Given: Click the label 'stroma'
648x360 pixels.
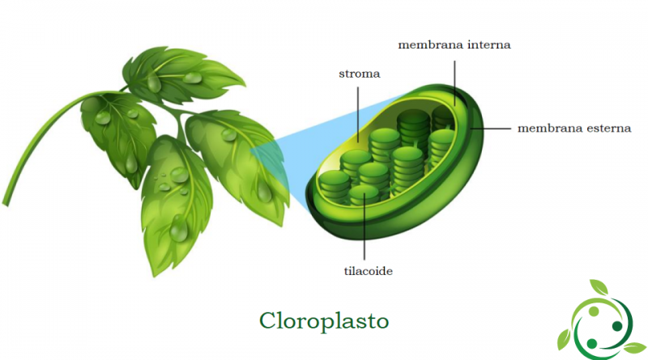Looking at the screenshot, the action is coord(359,74).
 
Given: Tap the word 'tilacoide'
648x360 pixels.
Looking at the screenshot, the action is coord(369,271).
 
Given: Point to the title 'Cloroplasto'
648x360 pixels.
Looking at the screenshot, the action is coord(324,321).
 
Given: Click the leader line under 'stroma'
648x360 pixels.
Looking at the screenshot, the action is coord(358,114).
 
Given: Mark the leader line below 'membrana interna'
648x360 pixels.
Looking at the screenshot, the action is coord(454,83).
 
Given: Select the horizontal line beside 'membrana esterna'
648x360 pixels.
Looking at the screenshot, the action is coord(491,129).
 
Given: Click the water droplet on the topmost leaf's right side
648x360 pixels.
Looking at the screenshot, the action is coord(193,77).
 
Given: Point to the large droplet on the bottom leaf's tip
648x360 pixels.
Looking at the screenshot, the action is coord(179,231).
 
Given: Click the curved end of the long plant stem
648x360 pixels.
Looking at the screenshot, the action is coord(6,202).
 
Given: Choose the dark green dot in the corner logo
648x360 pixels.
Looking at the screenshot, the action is coord(617,326).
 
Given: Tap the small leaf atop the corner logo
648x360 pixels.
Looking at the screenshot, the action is coord(599,287).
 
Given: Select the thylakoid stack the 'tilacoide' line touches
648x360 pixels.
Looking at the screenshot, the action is coord(364,195).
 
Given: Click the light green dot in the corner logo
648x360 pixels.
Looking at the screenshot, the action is coord(594,311).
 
